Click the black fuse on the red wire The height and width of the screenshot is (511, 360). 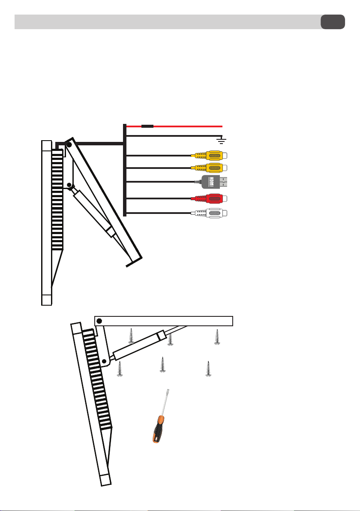[147, 126]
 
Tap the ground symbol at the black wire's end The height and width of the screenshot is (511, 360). [222, 141]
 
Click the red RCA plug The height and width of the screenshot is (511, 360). [209, 198]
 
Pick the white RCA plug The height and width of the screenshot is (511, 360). [209, 213]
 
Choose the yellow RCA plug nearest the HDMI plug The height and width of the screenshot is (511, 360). [209, 168]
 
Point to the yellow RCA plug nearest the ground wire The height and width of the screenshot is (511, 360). [209, 156]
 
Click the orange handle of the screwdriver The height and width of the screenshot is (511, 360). [158, 429]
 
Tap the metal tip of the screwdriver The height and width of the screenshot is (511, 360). [168, 391]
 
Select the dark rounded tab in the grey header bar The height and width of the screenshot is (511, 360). [333, 22]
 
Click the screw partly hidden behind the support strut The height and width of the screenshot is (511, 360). [170, 339]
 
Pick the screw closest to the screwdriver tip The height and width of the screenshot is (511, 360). [162, 365]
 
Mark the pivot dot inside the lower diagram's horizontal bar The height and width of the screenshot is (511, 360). [99, 321]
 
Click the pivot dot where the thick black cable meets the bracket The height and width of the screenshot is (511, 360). [69, 144]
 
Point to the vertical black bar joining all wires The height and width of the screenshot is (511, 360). [124, 170]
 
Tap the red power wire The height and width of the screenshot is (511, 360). [174, 126]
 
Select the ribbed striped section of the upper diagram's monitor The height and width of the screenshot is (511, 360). [57, 199]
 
